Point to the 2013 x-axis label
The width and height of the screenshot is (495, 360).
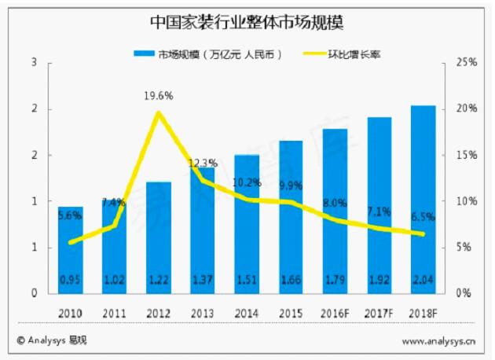tap(202, 311)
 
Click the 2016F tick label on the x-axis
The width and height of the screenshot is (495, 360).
tap(335, 311)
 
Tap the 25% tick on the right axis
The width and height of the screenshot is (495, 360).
tap(467, 62)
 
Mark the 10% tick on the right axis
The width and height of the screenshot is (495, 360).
tap(467, 201)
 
